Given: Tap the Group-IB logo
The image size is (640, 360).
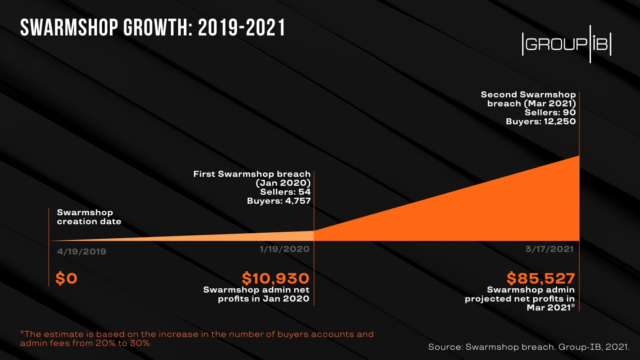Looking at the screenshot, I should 567,44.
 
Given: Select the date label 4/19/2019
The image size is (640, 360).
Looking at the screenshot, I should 82,252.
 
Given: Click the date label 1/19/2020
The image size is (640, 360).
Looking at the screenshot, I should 285,249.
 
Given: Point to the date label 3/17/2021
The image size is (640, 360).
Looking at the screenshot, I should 549,249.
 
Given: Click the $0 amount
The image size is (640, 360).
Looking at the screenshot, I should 66,278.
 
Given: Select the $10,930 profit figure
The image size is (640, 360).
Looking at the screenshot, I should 276,278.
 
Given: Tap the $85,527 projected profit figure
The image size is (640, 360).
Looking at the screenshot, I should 540,278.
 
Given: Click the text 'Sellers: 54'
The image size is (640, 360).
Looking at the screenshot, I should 285,192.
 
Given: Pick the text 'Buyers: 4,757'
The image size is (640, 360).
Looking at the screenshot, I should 279,201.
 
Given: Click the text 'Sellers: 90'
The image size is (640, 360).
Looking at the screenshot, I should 550,112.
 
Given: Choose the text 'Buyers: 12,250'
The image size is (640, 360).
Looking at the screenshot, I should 540,121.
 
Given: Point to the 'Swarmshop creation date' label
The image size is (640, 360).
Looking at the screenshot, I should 89,217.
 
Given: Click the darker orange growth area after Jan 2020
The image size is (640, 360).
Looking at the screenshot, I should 491,214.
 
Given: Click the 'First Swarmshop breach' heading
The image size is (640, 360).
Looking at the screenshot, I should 252,174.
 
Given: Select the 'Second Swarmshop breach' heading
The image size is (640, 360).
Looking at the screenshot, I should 528,94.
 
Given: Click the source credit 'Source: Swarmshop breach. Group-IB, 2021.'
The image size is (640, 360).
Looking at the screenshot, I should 528,347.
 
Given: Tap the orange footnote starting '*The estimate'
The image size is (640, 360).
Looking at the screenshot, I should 197,338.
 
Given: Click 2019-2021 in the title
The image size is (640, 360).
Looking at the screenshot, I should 242,28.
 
